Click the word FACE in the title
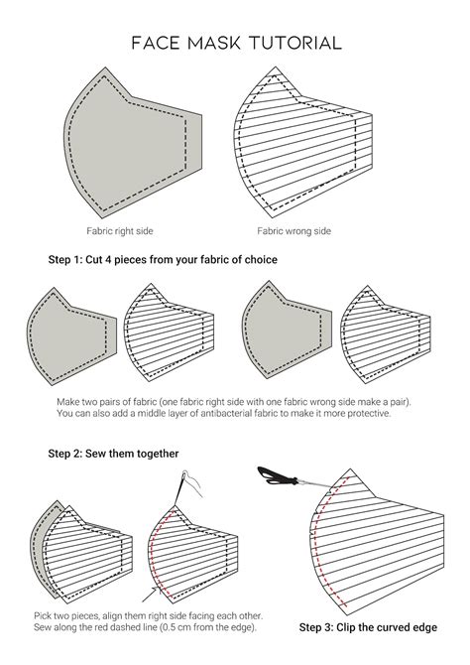click(x=157, y=43)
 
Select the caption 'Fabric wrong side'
click(x=294, y=231)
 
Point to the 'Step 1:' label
click(x=69, y=259)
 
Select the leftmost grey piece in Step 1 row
click(x=69, y=332)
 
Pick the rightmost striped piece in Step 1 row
click(x=382, y=332)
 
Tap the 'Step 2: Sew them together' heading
click(x=113, y=454)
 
